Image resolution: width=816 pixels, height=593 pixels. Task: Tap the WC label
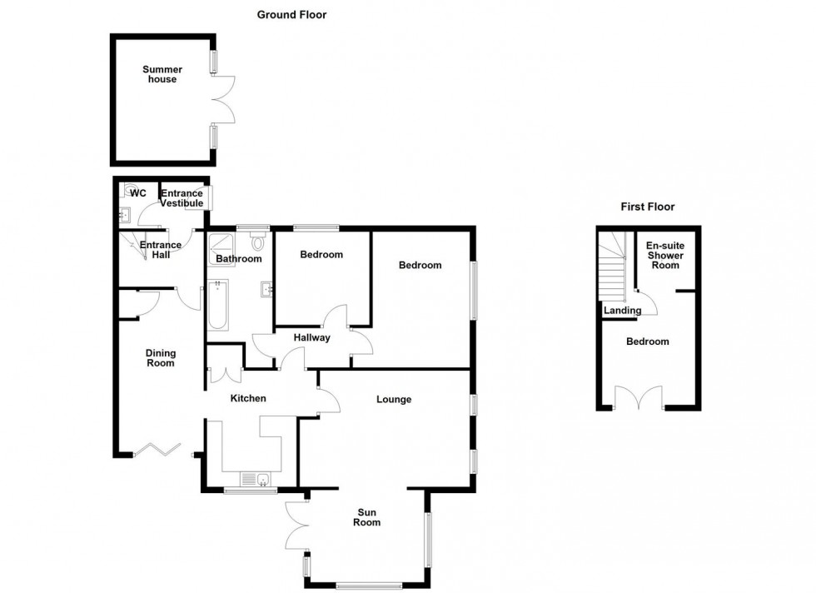[138, 193]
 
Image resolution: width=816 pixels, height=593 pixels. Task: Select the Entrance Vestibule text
[182, 198]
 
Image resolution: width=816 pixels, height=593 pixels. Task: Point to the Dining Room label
[160, 358]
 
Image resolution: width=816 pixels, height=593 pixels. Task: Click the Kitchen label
[248, 398]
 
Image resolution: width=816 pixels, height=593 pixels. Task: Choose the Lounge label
[394, 399]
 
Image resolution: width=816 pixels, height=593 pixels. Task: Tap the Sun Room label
[366, 517]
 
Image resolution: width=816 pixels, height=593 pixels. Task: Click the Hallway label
[312, 337]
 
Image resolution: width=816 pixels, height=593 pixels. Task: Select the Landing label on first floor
[623, 311]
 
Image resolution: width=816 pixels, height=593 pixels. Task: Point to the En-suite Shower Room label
[666, 255]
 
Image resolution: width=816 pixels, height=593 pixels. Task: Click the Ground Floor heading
[291, 14]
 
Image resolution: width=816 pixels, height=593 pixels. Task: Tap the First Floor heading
[648, 207]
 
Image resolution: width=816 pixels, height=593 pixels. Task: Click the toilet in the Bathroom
[258, 242]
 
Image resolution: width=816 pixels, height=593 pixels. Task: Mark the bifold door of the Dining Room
[157, 451]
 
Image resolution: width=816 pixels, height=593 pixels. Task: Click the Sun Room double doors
[297, 526]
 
